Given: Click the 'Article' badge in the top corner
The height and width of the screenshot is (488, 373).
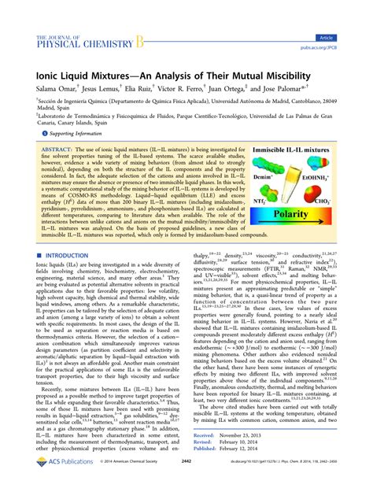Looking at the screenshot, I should click(346, 15).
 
